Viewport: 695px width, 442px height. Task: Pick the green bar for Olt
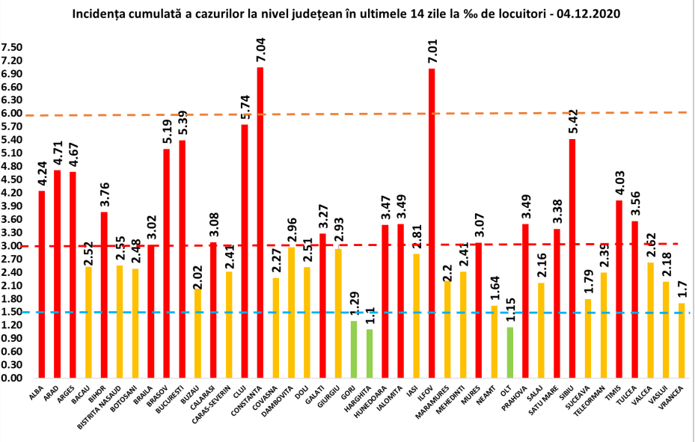point(509,352)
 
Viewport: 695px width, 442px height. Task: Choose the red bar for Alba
point(42,284)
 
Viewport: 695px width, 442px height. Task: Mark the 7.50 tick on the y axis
point(11,47)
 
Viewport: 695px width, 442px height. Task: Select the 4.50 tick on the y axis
point(11,179)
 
